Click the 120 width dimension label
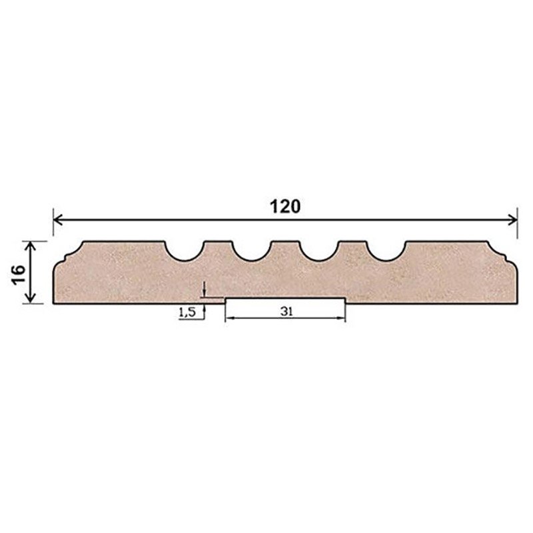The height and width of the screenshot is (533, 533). tap(285, 207)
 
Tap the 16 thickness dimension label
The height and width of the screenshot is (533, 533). tap(19, 274)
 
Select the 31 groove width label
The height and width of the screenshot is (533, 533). tap(286, 311)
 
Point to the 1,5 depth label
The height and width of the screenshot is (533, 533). tap(187, 312)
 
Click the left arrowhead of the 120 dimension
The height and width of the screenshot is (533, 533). tap(58, 220)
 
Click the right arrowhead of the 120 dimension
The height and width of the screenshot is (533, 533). tap(512, 220)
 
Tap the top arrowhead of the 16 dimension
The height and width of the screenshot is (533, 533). tap(31, 245)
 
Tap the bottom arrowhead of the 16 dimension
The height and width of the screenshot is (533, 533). tap(31, 298)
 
